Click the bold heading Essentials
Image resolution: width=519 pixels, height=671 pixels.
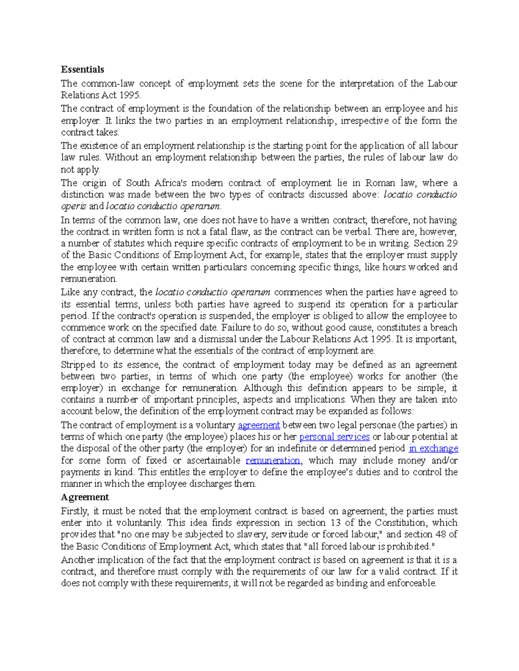pos(82,70)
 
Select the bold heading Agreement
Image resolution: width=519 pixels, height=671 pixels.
pos(85,497)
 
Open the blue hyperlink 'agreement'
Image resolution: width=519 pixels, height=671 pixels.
pos(259,425)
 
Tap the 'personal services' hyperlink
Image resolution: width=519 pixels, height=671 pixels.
pos(334,437)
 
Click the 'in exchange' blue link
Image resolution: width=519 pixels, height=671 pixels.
pos(433,448)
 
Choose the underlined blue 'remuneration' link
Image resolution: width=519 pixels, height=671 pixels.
pos(273,461)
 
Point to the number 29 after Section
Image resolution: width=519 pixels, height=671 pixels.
pos(452,243)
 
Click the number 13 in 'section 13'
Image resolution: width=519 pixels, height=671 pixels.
pos(336,523)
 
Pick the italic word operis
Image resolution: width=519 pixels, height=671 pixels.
pos(74,207)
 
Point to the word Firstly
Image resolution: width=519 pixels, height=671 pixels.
pos(75,511)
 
